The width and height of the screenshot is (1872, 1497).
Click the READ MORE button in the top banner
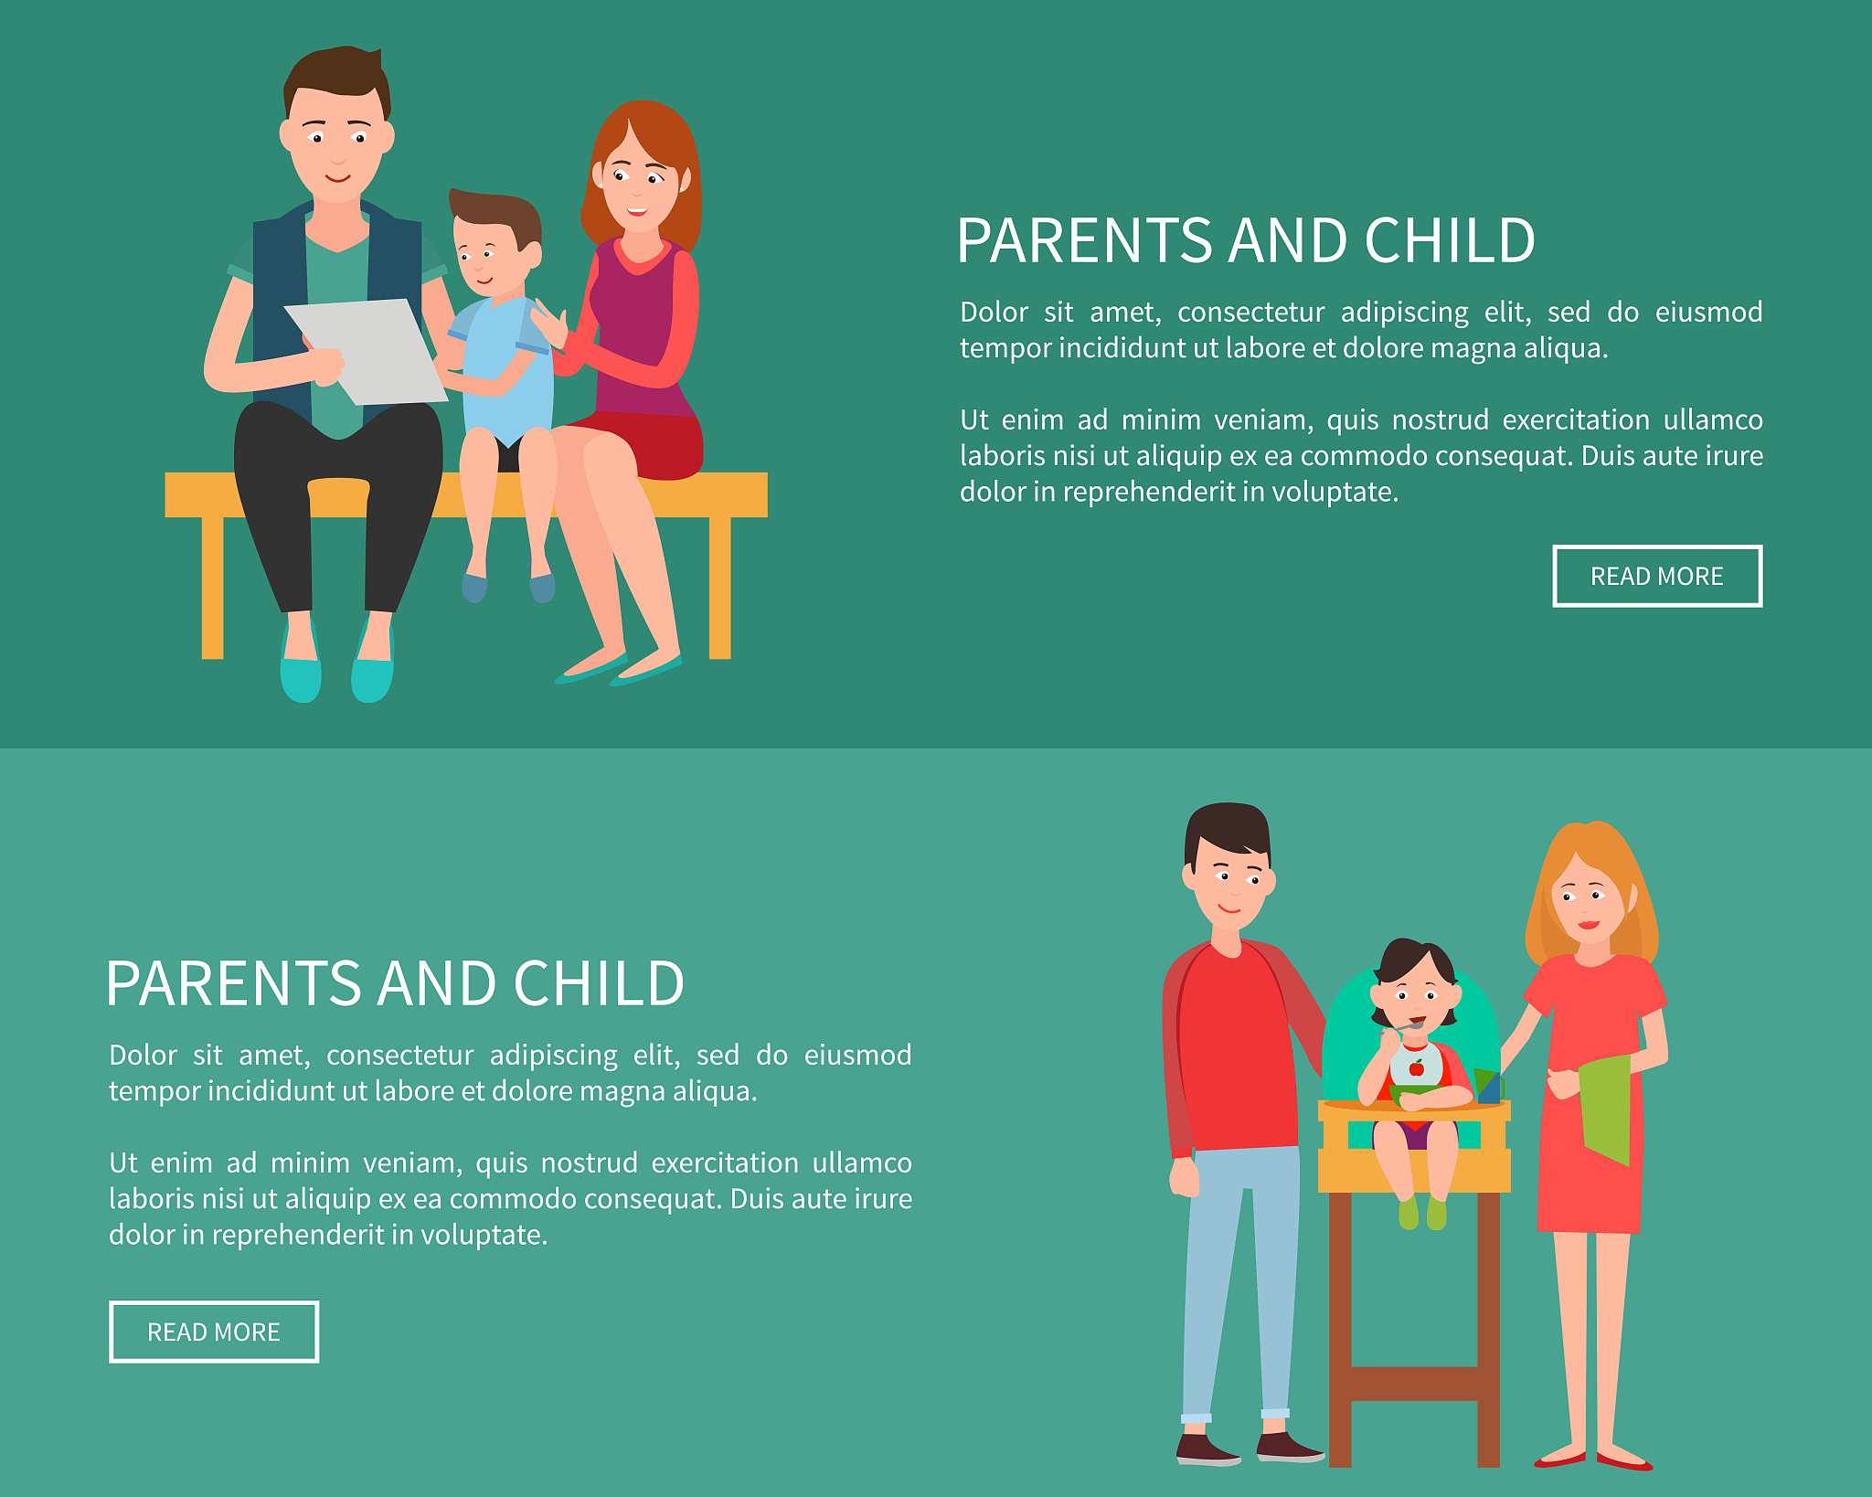click(x=1657, y=576)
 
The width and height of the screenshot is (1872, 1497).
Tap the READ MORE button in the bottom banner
click(x=214, y=1332)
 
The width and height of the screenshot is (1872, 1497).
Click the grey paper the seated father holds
click(x=366, y=350)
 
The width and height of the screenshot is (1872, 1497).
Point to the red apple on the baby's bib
click(x=1417, y=1067)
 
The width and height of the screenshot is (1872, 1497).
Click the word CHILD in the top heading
click(x=1450, y=241)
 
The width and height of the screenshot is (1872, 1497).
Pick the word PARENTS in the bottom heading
click(x=234, y=984)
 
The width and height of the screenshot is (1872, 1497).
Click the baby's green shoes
click(x=1422, y=1213)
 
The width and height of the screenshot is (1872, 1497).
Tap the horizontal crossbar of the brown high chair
click(x=1414, y=1383)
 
